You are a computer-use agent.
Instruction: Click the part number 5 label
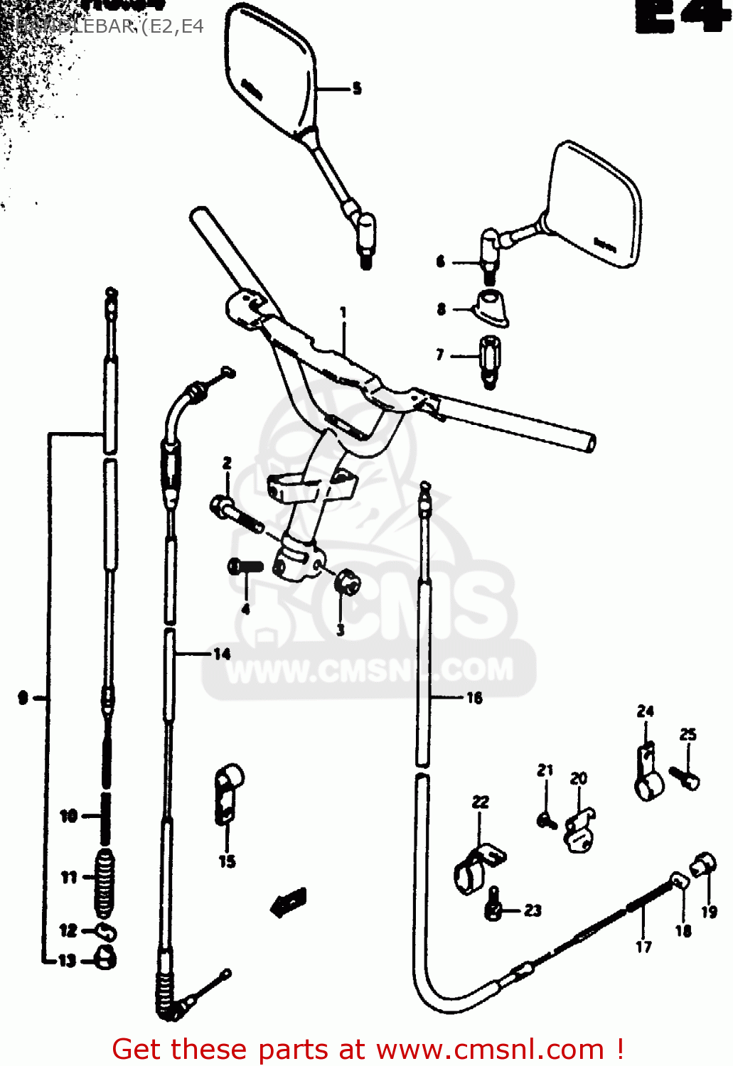click(357, 88)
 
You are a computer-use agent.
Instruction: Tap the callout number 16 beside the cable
click(474, 698)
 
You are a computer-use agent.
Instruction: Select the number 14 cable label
click(222, 654)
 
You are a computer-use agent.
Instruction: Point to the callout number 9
click(23, 698)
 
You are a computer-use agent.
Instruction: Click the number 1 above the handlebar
click(343, 312)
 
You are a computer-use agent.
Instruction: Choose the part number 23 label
click(533, 910)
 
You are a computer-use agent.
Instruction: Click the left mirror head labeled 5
click(269, 71)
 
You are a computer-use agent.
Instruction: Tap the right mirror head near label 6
click(596, 206)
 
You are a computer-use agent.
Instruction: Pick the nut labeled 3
click(347, 583)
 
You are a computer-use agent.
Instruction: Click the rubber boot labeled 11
click(105, 883)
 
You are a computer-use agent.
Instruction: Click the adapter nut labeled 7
click(490, 359)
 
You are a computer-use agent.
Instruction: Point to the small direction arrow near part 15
click(288, 903)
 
